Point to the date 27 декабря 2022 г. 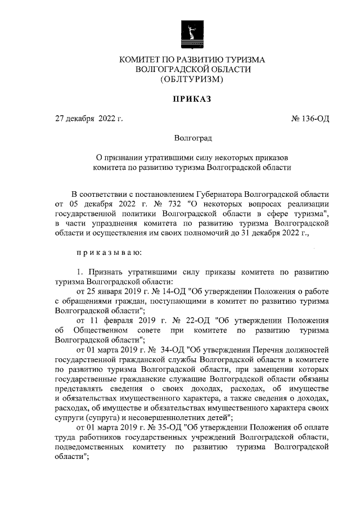pyautogui.click(x=88, y=118)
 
